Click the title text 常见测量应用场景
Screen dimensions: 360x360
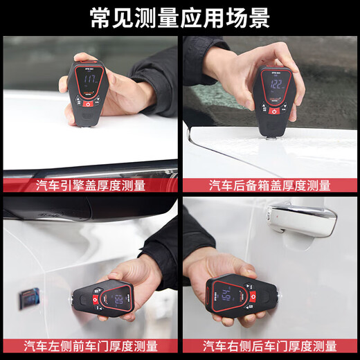coord(180,17)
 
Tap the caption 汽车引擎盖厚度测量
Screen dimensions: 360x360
coord(91,185)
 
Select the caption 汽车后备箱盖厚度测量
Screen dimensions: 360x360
coord(269,185)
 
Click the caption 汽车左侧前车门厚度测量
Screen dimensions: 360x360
coord(91,345)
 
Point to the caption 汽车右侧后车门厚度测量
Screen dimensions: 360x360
coord(269,345)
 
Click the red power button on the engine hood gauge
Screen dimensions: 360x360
coord(88,105)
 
